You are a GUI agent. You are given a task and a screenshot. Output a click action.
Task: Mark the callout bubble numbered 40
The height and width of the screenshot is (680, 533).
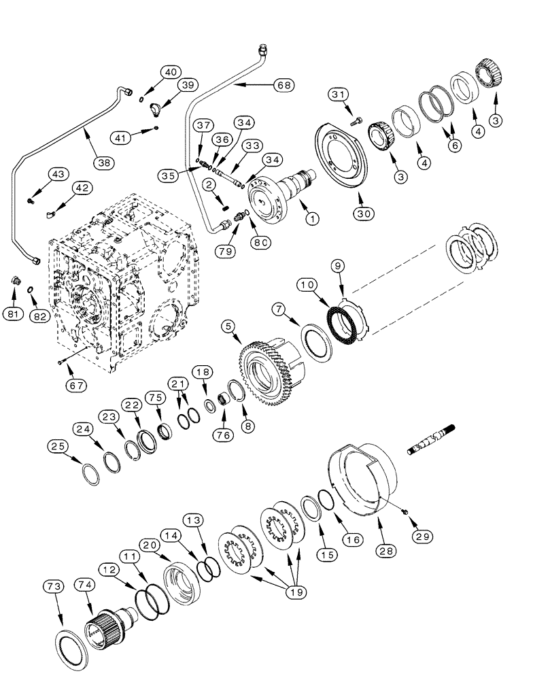(x=171, y=72)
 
